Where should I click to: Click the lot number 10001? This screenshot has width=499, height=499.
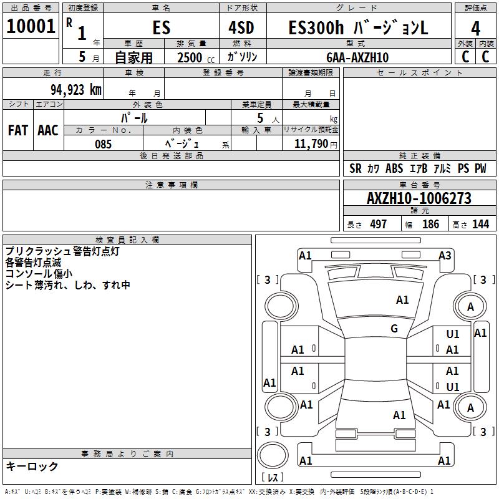point(31,26)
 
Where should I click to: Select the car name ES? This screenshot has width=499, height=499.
point(162,27)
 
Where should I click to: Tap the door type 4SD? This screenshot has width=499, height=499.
point(241,27)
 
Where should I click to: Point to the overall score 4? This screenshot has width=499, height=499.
point(475,29)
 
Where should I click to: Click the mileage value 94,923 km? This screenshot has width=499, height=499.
point(76,89)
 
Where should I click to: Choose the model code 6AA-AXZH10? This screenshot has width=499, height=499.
point(357,57)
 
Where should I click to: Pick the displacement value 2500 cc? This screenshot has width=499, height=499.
point(196,57)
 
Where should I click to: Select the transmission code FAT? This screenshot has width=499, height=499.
point(18,130)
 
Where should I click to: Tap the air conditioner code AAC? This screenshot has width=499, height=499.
point(48,130)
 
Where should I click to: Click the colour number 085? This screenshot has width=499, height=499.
point(103,144)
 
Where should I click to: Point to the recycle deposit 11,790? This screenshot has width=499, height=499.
point(311,144)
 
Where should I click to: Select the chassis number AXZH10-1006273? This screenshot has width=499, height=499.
point(419,198)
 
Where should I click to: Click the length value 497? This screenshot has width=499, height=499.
point(379,224)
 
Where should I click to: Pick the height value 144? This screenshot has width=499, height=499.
point(480,224)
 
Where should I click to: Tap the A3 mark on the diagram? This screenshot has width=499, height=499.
point(445,256)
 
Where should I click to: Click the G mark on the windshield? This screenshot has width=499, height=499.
point(394,328)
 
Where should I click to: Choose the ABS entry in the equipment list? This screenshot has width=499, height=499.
point(394,168)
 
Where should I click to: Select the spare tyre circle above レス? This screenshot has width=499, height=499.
point(273,455)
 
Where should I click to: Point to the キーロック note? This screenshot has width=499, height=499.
point(32,466)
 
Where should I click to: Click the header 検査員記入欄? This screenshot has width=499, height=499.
point(127,240)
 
